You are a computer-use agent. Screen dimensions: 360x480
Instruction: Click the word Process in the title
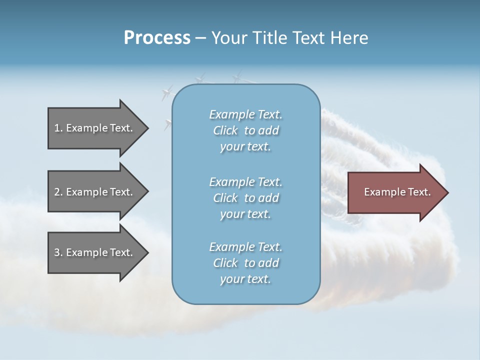point(157,38)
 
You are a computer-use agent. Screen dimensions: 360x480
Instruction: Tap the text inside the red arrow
point(397,192)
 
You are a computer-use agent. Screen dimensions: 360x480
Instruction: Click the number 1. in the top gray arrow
point(58,128)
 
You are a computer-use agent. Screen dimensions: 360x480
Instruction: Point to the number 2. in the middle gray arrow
point(58,192)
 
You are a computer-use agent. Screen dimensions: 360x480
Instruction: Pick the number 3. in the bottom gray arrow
point(58,252)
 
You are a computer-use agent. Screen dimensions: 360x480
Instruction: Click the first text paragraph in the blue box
point(245,130)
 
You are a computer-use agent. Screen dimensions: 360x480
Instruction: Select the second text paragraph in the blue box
point(245,198)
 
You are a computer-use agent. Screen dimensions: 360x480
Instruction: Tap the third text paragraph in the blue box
point(245,263)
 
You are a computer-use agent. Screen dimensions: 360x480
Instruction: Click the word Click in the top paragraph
point(225,130)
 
